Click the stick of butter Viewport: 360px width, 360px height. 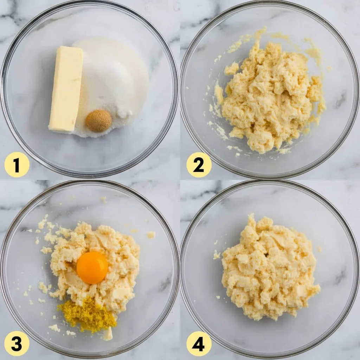pos(66,89)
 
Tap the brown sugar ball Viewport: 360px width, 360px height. pos(98,121)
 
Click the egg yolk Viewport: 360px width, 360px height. pos(92,268)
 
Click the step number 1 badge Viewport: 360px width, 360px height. pos(17,165)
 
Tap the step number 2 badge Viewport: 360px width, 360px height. pos(199,165)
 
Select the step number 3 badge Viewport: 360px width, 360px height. pos(17,343)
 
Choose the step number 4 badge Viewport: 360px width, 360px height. pos(199,343)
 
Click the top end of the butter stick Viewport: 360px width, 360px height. pos(69,49)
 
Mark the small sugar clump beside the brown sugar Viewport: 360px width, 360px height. pos(124,112)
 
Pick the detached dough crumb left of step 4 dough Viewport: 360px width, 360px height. pos(217,255)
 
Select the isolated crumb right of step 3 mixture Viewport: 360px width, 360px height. pos(151,234)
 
